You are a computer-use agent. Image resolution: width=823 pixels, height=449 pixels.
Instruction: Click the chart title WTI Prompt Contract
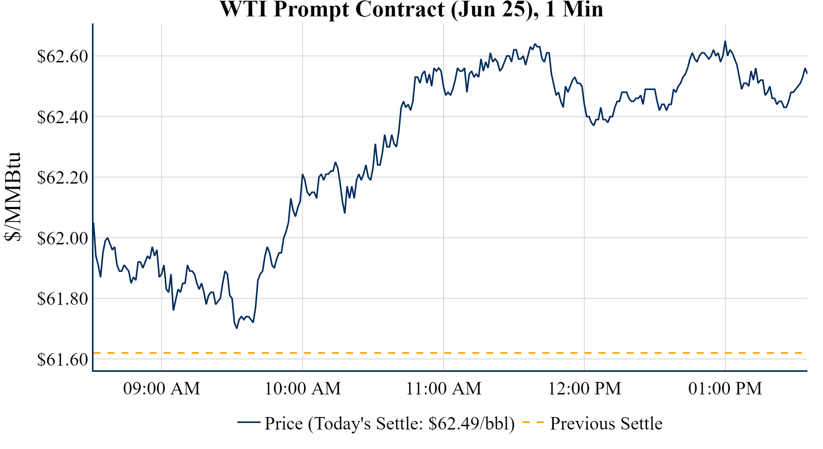411,9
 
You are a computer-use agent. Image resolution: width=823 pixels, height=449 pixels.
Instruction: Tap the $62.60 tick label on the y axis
63,56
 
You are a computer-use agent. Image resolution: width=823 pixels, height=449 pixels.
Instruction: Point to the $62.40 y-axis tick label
63,117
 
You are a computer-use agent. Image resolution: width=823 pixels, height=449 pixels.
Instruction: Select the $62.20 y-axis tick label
63,178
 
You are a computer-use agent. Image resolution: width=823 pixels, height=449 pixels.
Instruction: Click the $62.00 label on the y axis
63,238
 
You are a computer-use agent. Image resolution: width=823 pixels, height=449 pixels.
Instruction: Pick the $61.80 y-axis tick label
63,299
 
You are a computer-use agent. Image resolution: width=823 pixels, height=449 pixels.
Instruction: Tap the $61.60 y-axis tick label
63,359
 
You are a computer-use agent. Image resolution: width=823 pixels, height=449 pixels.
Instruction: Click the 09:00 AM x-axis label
162,389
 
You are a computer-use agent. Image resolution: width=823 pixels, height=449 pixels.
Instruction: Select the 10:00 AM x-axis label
303,389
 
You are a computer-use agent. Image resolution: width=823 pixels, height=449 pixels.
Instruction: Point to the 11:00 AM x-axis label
443,389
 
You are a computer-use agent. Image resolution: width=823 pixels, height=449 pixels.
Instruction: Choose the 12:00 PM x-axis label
585,389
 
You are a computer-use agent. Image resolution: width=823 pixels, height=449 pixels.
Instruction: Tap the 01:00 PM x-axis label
725,389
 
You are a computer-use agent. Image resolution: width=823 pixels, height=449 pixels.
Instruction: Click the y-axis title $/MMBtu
13,197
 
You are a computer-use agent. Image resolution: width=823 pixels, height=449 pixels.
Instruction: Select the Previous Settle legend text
606,423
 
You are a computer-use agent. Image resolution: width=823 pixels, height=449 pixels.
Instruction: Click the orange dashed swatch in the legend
533,422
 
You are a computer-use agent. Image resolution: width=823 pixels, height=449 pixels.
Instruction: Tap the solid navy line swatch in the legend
249,422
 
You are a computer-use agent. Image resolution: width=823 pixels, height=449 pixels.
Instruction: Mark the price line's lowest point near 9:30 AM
237,328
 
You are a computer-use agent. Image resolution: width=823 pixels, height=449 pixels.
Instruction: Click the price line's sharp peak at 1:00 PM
725,41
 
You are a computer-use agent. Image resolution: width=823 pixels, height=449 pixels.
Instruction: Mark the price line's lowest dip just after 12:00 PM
593,125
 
